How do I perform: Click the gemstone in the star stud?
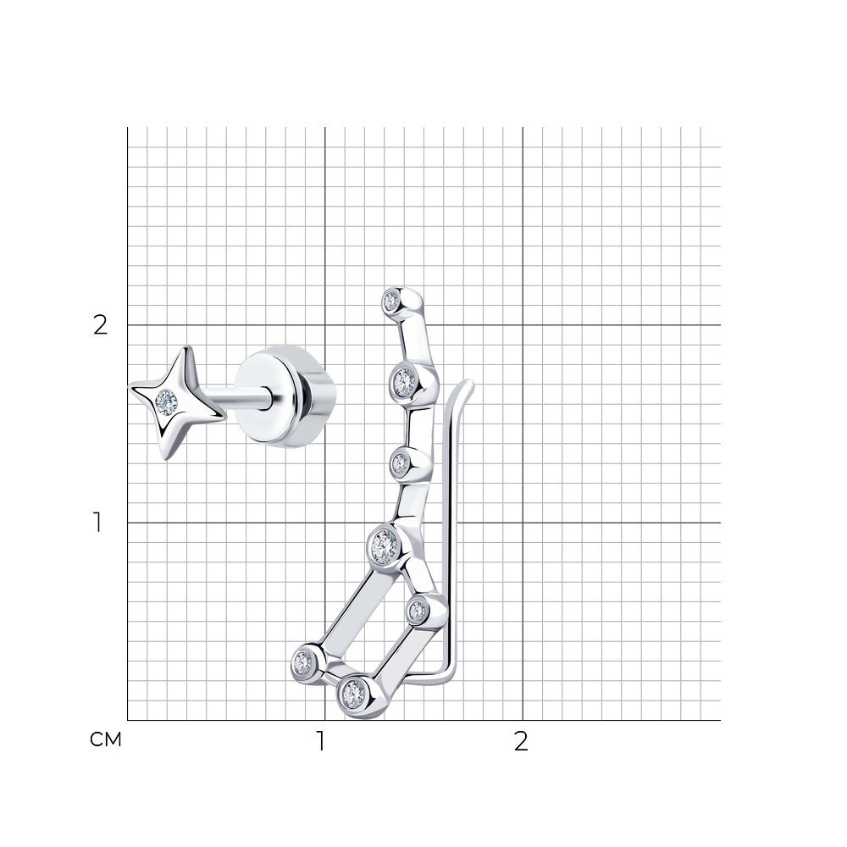(166, 401)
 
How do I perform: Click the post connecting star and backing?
(238, 399)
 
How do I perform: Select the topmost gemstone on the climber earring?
(391, 301)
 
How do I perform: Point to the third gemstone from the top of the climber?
(401, 463)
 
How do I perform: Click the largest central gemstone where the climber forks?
(385, 546)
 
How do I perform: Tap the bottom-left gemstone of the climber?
(302, 661)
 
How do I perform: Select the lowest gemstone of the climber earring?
(354, 695)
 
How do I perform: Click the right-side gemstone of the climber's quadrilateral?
(418, 612)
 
